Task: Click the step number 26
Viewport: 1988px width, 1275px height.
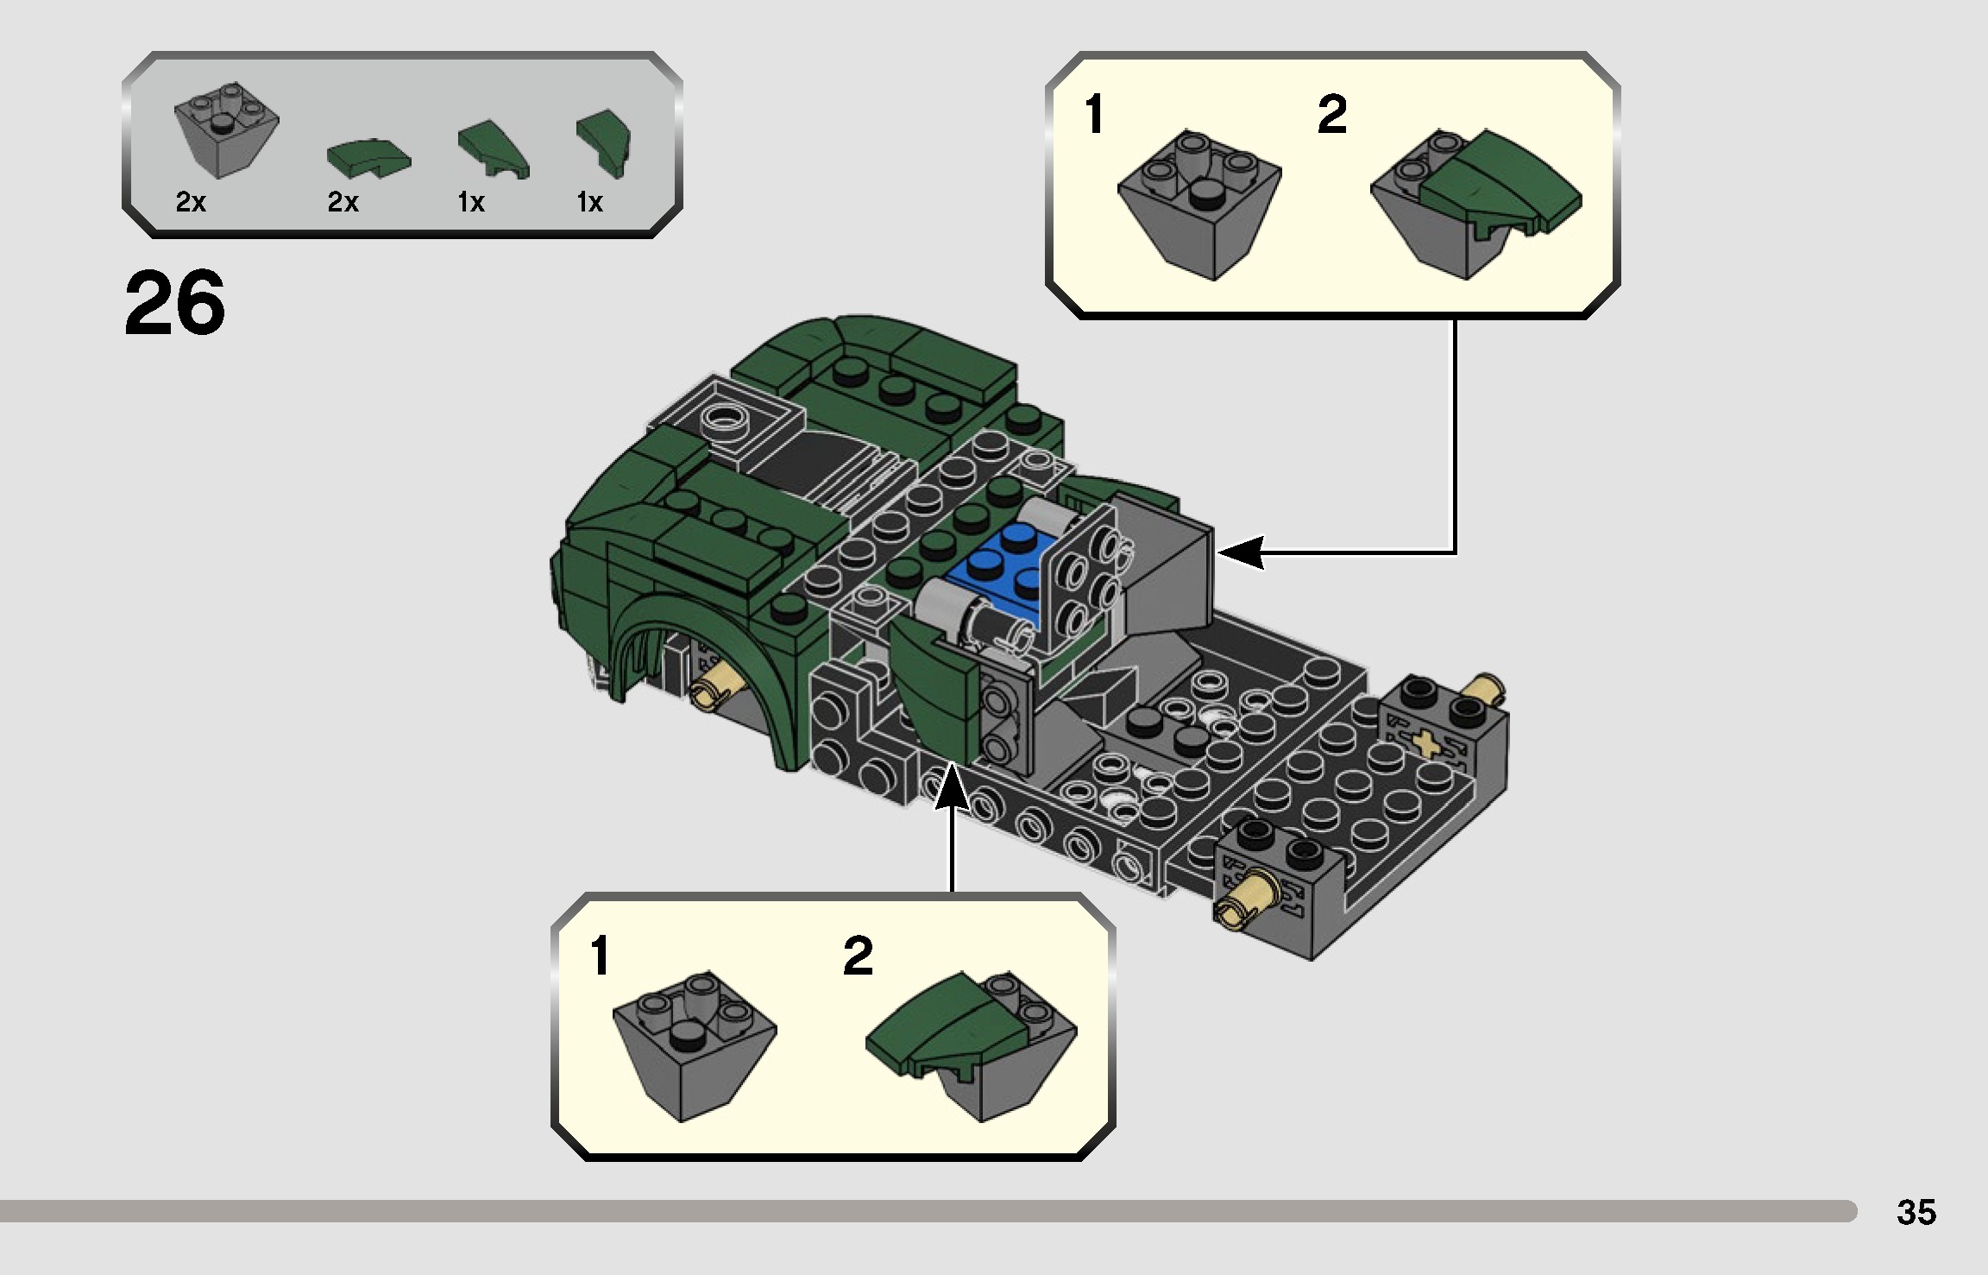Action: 175,303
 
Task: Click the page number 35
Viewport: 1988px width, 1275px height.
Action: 1916,1212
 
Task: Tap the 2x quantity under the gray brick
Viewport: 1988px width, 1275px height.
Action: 191,202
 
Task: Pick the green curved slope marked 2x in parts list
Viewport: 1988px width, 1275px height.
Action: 368,157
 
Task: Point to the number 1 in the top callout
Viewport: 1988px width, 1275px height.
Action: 1094,116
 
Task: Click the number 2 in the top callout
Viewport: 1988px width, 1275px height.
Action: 1331,116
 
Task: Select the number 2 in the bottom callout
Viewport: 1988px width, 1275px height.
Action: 858,956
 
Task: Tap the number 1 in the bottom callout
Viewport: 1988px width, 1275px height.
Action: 601,956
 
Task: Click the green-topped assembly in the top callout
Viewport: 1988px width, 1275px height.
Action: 1475,203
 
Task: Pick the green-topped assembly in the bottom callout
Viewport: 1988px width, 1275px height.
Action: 971,1045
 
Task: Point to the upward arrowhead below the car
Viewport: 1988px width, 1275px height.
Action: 952,786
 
